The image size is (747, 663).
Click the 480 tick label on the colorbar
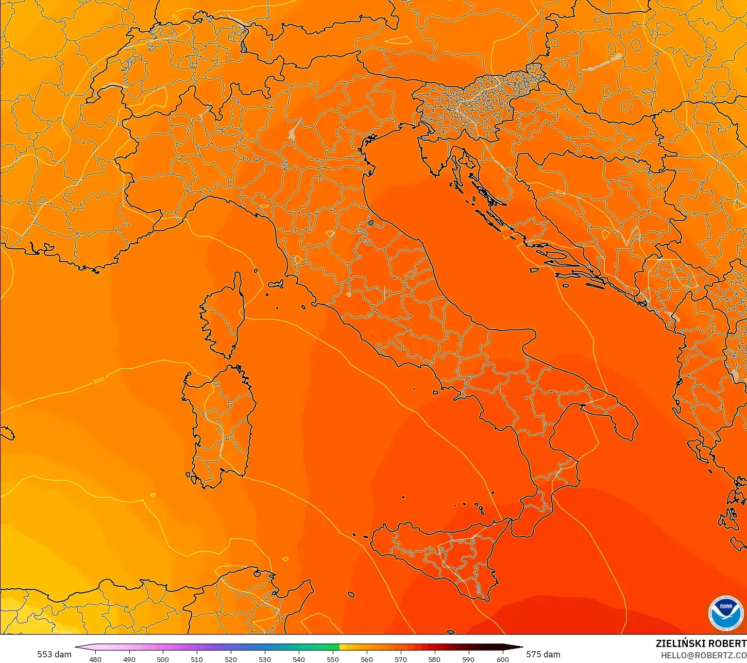point(95,659)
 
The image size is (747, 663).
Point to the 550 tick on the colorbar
point(333,659)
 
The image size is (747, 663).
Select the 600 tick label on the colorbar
point(502,659)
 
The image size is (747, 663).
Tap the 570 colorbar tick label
point(401,659)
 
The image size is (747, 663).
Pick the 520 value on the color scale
point(231,659)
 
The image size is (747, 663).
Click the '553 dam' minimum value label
point(54,654)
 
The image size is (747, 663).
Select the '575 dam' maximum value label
point(543,654)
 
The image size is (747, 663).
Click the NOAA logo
point(725,613)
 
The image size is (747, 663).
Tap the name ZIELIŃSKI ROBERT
point(701,643)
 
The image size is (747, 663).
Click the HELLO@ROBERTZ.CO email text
point(704,655)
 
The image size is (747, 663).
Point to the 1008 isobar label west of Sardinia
point(98,381)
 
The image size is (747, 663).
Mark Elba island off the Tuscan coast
point(276,284)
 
